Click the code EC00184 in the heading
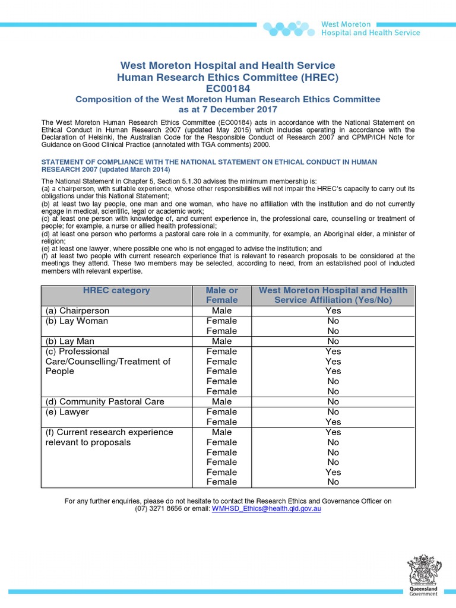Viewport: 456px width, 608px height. click(x=228, y=88)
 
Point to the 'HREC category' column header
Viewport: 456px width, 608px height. click(x=116, y=290)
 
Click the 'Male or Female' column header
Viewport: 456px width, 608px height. click(x=221, y=295)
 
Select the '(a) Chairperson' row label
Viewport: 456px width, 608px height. click(x=77, y=311)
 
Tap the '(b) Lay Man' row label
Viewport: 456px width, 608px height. click(x=69, y=341)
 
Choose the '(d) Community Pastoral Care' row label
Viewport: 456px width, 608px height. click(x=104, y=401)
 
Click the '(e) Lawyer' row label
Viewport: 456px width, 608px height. click(x=66, y=411)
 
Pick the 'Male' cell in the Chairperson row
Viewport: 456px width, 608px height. click(x=221, y=311)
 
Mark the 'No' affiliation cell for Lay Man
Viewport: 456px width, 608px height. click(x=333, y=341)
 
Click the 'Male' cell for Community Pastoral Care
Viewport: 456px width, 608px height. click(x=221, y=401)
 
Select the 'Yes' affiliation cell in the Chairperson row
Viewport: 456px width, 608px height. click(x=333, y=311)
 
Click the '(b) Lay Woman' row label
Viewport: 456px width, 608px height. click(x=77, y=321)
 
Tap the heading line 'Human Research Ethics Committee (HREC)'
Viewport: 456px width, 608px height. click(x=228, y=77)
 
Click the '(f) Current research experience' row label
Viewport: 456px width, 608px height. click(x=109, y=432)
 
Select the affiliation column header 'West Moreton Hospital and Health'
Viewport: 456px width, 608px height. click(x=333, y=290)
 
